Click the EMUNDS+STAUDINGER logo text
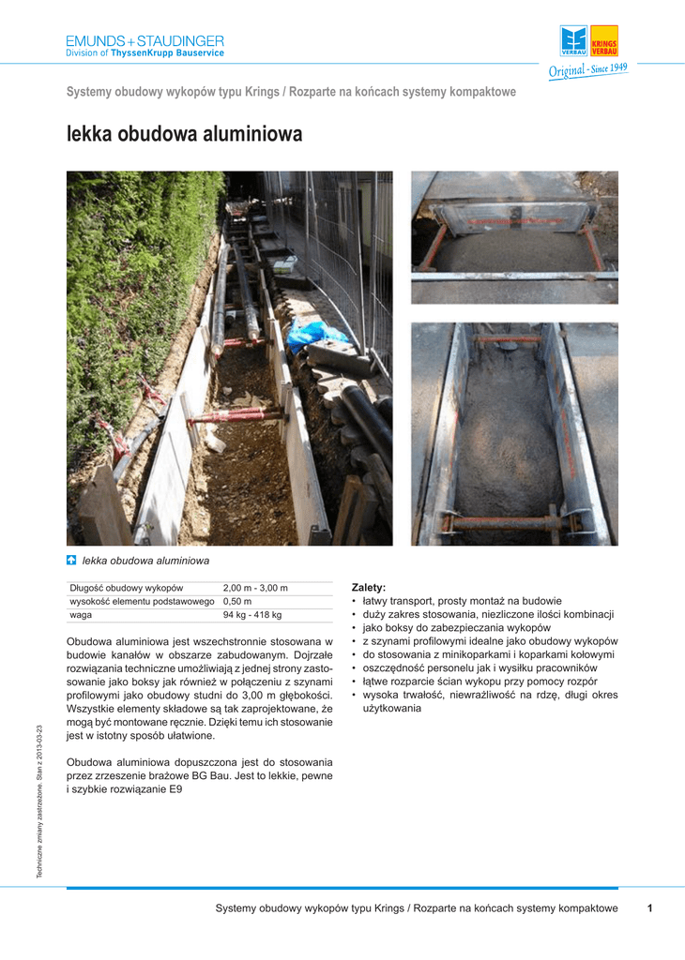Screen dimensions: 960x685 [x=145, y=41]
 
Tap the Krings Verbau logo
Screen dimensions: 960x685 [x=589, y=41]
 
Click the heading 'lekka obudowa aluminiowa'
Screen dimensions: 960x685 [x=184, y=135]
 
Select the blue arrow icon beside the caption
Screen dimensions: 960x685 [x=71, y=561]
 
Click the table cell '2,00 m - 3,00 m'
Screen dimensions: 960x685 [x=255, y=588]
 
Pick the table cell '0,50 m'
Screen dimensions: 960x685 [x=237, y=601]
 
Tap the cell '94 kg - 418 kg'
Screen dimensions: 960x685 [x=251, y=615]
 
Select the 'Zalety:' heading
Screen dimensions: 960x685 [x=369, y=587]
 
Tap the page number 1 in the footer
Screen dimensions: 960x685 [x=649, y=908]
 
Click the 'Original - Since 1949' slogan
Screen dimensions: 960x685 [x=588, y=71]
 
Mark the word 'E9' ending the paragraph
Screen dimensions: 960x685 [x=175, y=789]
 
